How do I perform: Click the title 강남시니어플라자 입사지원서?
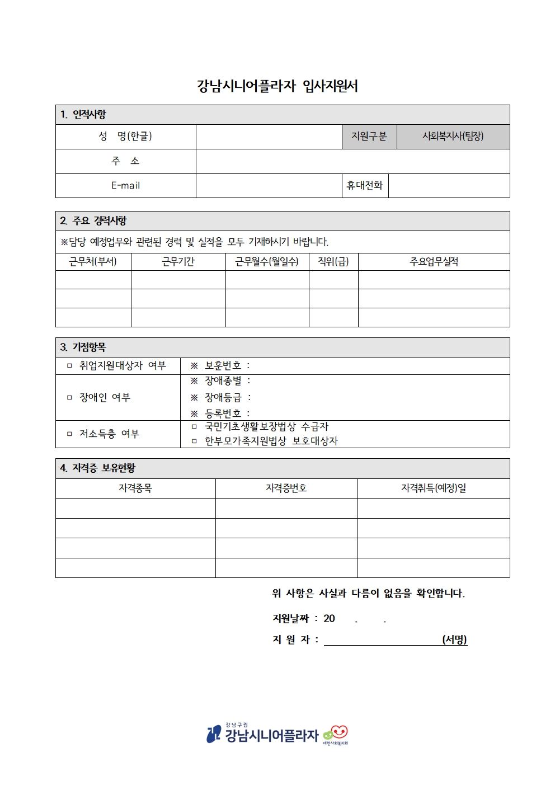coord(277,86)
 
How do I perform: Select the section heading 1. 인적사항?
coord(83,115)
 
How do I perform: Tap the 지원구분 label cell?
coord(369,137)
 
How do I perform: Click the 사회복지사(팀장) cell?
coord(453,137)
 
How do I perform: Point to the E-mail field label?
coord(125,186)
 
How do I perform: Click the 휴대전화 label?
coord(365,186)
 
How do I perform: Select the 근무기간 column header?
coord(178,262)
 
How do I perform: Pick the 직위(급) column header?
coord(333,262)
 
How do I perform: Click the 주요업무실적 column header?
coord(434,262)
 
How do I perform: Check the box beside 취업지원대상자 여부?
coord(69,366)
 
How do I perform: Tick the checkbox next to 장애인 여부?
coord(69,398)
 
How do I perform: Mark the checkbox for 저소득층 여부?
coord(69,434)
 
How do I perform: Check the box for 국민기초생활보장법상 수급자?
coord(194,427)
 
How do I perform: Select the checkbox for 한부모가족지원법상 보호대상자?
coord(194,441)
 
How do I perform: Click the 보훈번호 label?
coord(223,366)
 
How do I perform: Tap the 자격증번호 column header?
coord(286,488)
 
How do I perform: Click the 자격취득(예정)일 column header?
coord(433,488)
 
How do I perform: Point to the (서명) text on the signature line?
coord(454,640)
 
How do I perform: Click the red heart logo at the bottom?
coord(338,732)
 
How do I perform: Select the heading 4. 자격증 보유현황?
coord(98,468)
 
